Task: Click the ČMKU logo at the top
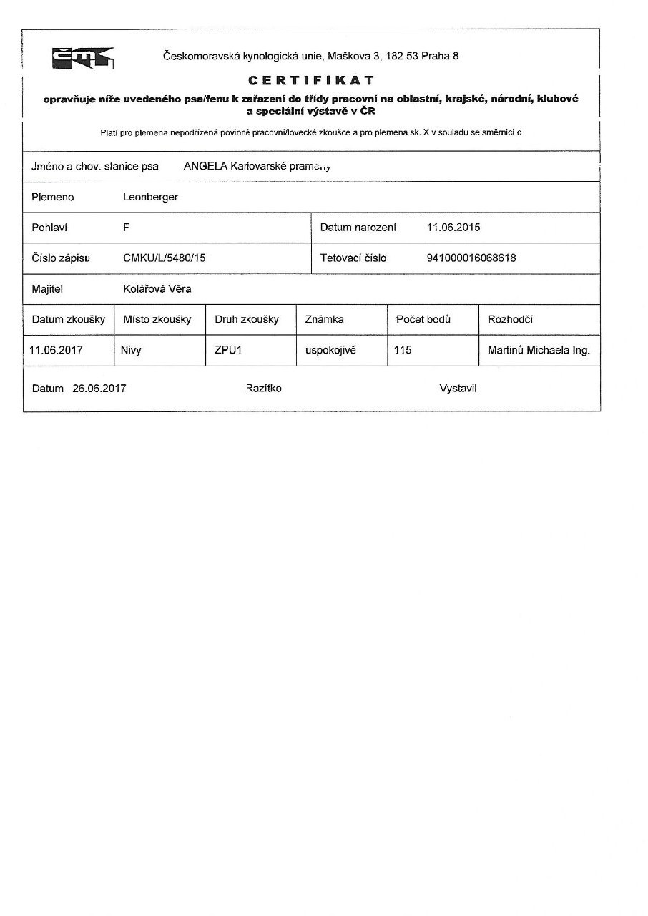click(x=82, y=57)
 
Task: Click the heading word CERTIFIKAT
click(x=311, y=80)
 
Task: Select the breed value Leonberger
click(x=150, y=197)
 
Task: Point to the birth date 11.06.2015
click(x=453, y=228)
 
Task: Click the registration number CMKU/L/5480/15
click(x=164, y=258)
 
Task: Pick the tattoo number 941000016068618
click(x=471, y=258)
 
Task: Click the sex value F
click(x=126, y=228)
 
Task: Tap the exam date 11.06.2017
click(x=57, y=351)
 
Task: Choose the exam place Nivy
click(x=132, y=351)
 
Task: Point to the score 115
click(x=403, y=351)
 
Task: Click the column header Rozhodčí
click(x=510, y=319)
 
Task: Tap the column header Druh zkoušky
click(x=246, y=319)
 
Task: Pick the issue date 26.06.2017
click(x=99, y=389)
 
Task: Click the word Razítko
click(x=263, y=389)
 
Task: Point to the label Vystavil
click(x=458, y=389)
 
